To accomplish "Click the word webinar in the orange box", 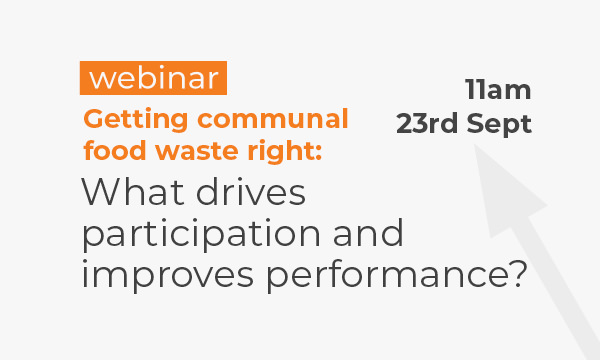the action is (x=153, y=78).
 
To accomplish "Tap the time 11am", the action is (x=498, y=90).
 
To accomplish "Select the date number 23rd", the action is (x=427, y=124).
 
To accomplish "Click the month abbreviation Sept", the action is (x=499, y=124).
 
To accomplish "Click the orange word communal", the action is (x=273, y=119).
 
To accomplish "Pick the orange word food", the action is (x=115, y=150).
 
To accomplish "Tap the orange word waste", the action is (x=197, y=150).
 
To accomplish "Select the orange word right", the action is (x=280, y=151).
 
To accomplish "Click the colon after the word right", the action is (x=318, y=153).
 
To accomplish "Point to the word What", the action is (x=133, y=191).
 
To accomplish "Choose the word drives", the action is (x=251, y=191).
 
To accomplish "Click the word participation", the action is (x=201, y=234).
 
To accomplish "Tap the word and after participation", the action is (x=368, y=232).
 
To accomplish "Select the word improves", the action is (x=168, y=276).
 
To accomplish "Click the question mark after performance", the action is (x=520, y=274).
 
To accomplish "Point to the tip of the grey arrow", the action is (x=475, y=144).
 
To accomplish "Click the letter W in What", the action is (x=101, y=191).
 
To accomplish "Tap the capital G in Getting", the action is (x=93, y=119).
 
